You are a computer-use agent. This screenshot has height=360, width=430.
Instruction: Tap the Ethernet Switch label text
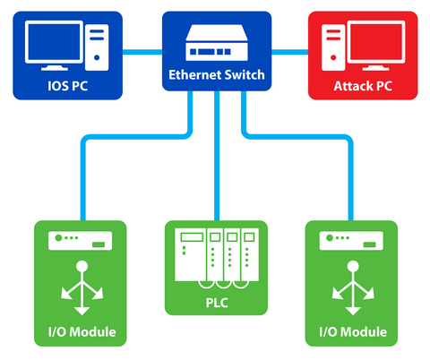[217, 75]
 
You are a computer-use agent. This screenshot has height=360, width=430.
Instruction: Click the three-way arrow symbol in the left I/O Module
[81, 288]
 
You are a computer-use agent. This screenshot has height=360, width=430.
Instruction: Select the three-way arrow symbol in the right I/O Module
[352, 288]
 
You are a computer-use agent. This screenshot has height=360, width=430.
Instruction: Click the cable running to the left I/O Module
[82, 179]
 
